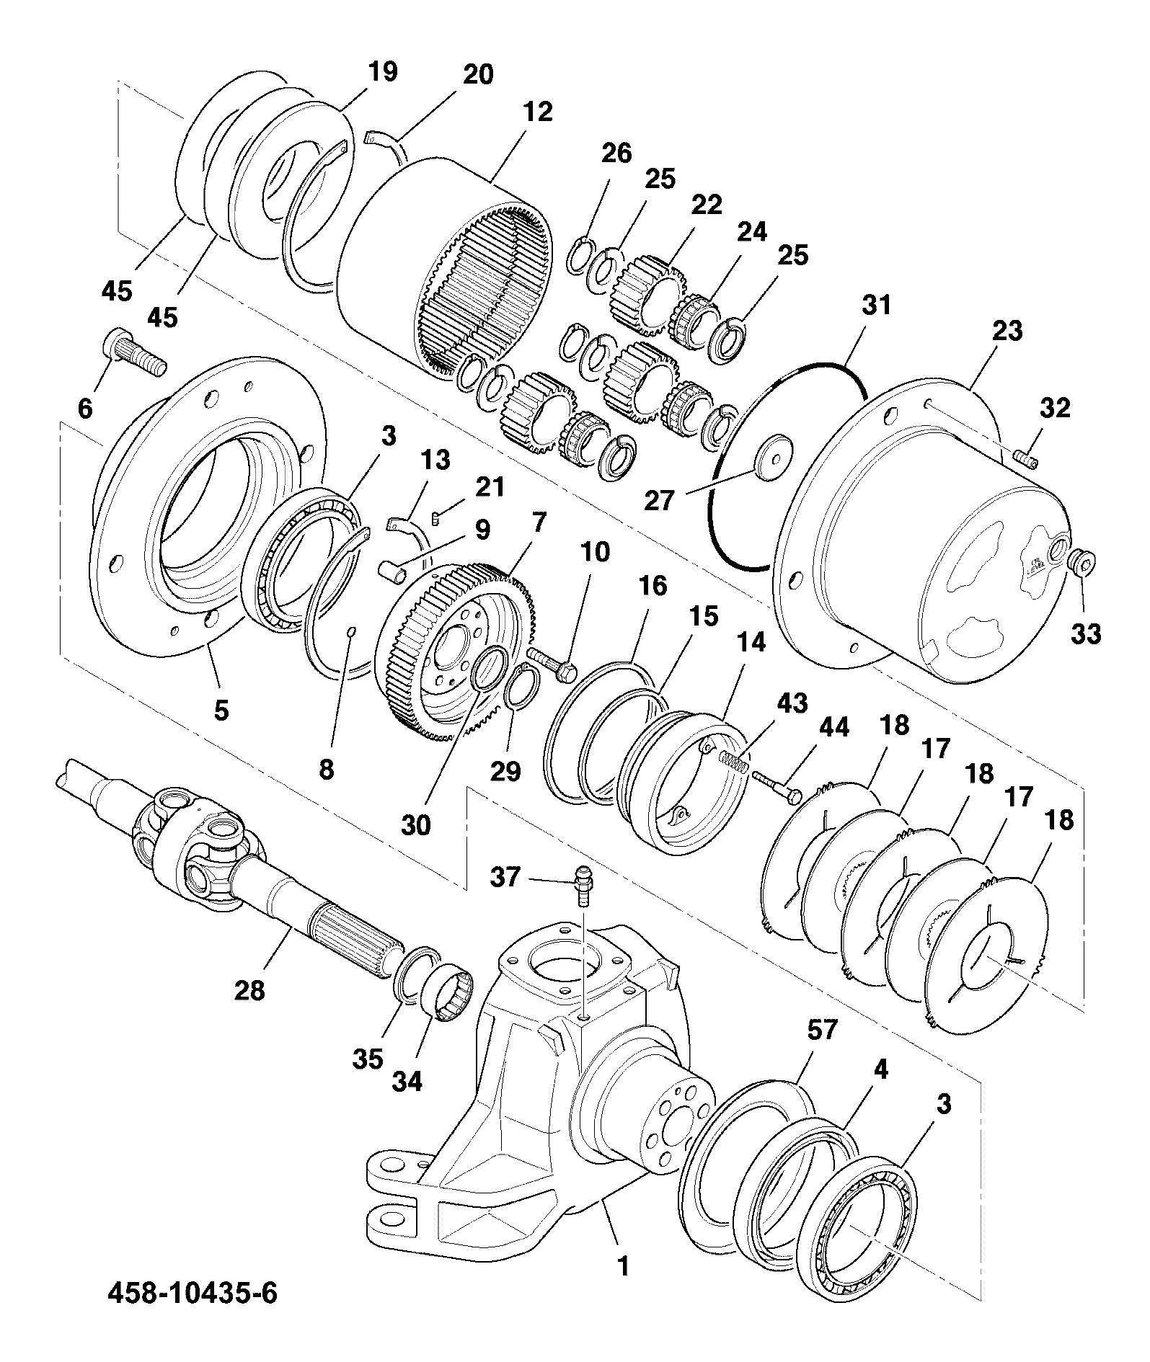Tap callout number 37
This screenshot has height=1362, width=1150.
505,878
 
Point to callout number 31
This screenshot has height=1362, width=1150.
877,305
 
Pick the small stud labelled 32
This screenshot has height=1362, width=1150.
1026,458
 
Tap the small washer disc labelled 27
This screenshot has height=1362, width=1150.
774,452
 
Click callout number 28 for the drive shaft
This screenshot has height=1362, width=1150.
249,991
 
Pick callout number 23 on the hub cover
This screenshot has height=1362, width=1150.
1007,331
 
